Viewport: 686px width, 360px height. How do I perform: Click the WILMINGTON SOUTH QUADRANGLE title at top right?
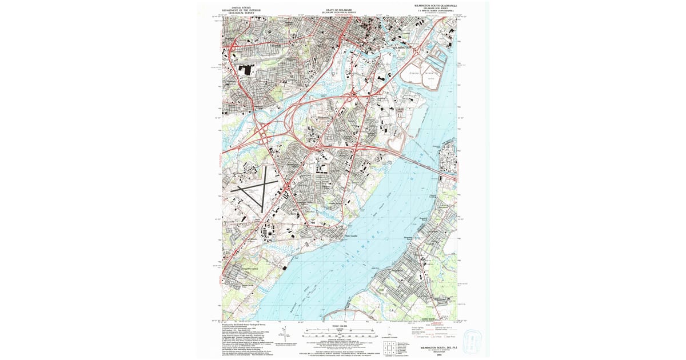[x=439, y=5]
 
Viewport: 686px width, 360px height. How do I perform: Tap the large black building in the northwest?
[x=246, y=70]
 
